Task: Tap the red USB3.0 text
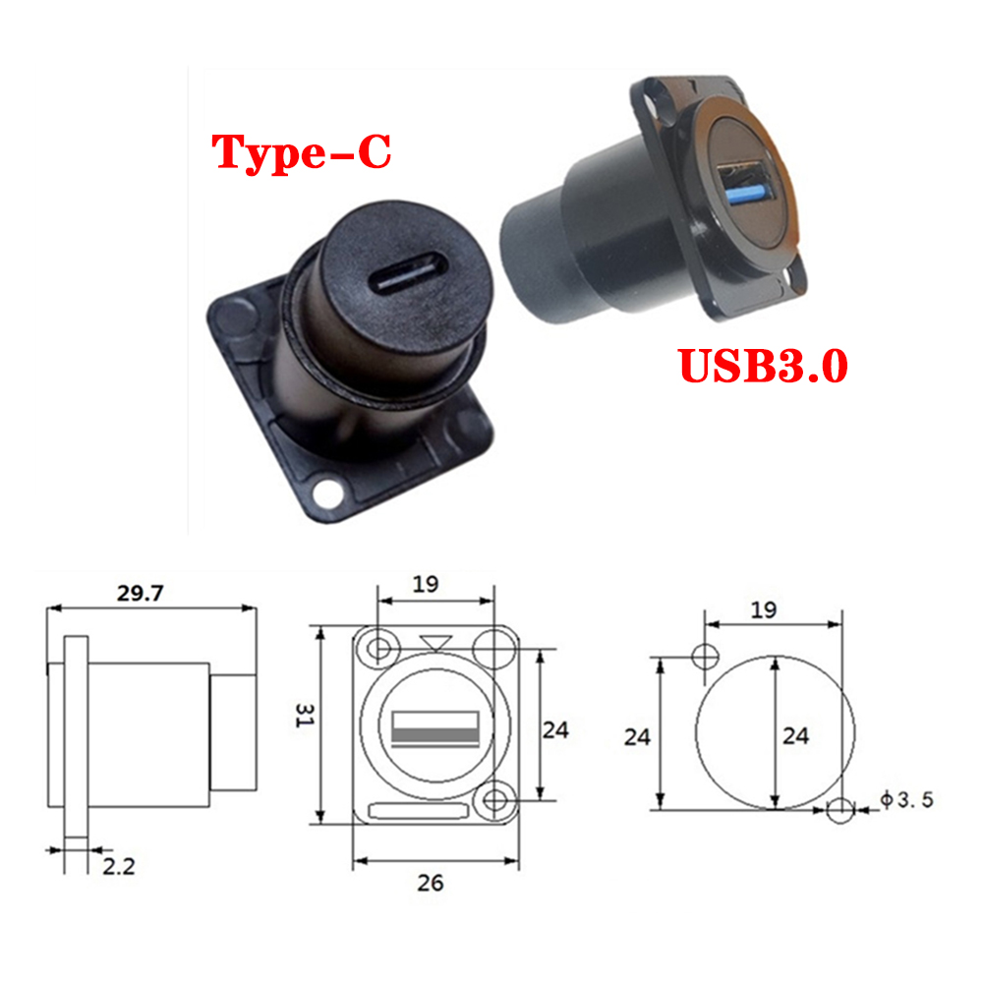pos(762,366)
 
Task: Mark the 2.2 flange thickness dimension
pos(118,866)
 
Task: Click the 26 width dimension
pos(430,882)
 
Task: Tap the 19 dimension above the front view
pos(425,583)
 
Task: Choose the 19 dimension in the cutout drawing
pos(762,609)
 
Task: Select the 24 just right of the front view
pos(555,730)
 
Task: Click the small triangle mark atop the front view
pos(433,643)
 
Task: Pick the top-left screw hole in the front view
pos(376,649)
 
